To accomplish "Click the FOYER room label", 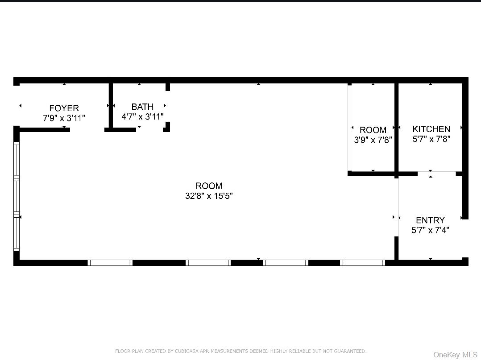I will coord(64,108).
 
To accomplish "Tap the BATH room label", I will coord(142,107).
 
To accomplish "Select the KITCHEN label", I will coord(431,129).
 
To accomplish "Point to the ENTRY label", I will coord(430,220).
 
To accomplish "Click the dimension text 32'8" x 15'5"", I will coord(209,196).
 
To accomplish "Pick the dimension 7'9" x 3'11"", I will coord(64,118).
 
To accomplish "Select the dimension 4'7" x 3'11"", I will coord(142,116).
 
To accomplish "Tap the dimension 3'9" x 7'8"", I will coord(373,140).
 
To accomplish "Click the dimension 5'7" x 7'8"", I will coord(431,139).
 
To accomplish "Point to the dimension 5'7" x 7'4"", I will coord(430,230).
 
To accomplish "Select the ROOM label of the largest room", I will coord(209,186).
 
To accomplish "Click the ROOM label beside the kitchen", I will coord(373,130).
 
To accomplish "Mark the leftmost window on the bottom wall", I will coord(110,263).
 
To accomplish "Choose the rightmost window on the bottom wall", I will coord(362,263).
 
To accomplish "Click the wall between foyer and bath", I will coord(111,106).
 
